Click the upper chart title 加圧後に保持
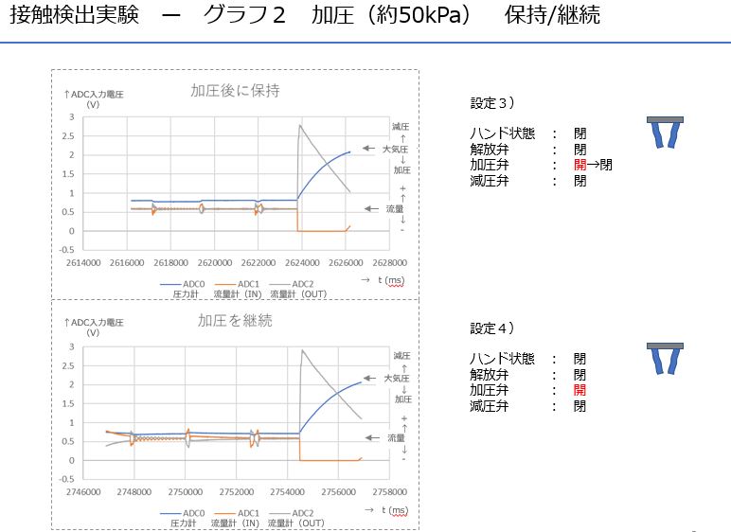click(235, 91)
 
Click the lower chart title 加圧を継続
click(235, 320)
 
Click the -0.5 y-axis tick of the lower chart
click(68, 479)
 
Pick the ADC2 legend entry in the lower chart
click(290, 513)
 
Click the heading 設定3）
click(492, 103)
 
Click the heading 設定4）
click(492, 328)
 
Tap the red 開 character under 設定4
click(579, 390)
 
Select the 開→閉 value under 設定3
click(593, 165)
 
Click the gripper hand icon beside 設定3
click(670, 132)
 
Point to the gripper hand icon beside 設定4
click(670, 359)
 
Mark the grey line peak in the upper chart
click(300, 125)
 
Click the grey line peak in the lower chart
click(302, 350)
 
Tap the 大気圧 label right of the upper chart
click(395, 149)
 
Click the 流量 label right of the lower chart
click(395, 437)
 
